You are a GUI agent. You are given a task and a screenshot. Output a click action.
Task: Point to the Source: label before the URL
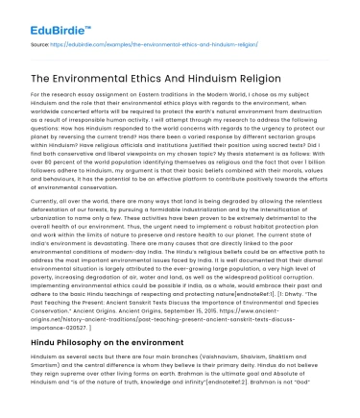click(x=41, y=43)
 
